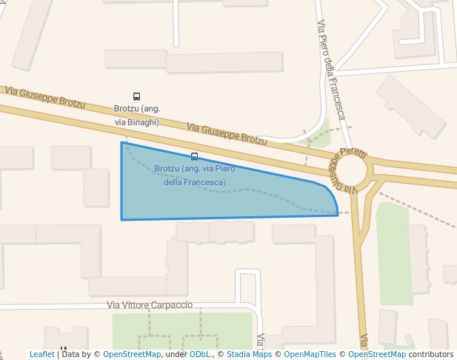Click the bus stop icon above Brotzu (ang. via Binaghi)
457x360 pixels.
point(136,96)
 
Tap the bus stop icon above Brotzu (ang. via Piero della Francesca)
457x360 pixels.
point(194,156)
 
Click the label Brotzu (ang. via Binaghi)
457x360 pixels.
point(136,115)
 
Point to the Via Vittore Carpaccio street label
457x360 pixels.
point(150,305)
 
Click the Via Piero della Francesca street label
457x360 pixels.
point(331,70)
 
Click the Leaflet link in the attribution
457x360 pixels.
point(42,354)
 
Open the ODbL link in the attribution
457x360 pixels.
point(200,354)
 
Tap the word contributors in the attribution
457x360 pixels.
point(431,354)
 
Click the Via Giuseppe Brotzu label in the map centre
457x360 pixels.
point(226,133)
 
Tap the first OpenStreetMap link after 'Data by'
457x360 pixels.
point(132,354)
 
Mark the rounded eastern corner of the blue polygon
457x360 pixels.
point(333,196)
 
